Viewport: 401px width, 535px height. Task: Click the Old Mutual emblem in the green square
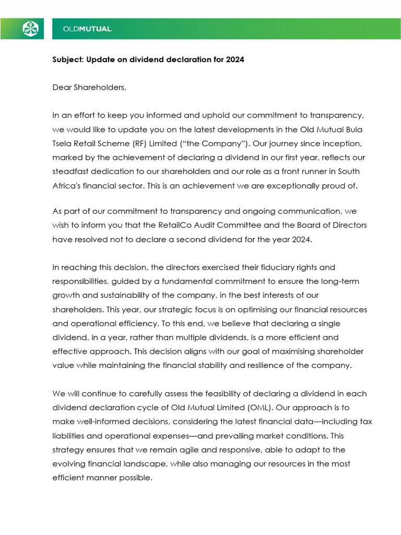pos(30,29)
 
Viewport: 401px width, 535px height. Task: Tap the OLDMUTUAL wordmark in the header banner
pos(87,29)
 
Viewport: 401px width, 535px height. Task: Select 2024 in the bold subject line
pos(235,60)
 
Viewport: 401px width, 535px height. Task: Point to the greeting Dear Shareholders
pos(89,87)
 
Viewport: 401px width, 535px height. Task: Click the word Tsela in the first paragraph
pos(63,143)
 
